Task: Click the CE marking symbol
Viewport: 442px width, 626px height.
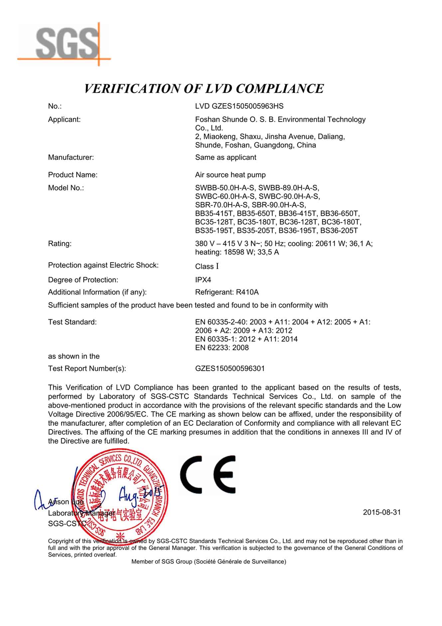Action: (208, 474)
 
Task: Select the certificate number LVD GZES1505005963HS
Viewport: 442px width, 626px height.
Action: (239, 106)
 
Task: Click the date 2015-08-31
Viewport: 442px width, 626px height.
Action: (382, 512)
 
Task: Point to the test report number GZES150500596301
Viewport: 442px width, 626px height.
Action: (230, 369)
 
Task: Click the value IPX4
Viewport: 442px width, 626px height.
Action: (203, 280)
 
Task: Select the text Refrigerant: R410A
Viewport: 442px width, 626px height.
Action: (227, 292)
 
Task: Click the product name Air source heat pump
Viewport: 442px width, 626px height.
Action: (230, 175)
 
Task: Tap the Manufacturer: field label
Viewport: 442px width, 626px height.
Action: (71, 157)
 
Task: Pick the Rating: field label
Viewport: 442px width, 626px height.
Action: (60, 244)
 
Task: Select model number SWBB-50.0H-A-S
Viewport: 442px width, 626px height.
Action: (225, 188)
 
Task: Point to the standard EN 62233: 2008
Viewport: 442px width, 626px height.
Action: (222, 348)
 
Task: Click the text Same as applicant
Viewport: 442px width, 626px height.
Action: (225, 157)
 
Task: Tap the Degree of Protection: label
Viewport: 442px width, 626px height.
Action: (83, 280)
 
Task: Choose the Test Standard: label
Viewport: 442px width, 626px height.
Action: (73, 322)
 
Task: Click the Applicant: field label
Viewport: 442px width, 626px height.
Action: (64, 120)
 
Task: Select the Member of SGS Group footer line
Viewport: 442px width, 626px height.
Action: (209, 562)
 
